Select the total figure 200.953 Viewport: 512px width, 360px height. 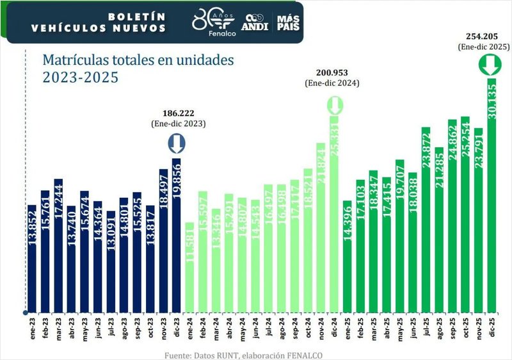tap(333, 73)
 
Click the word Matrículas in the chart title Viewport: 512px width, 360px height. tap(74, 60)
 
